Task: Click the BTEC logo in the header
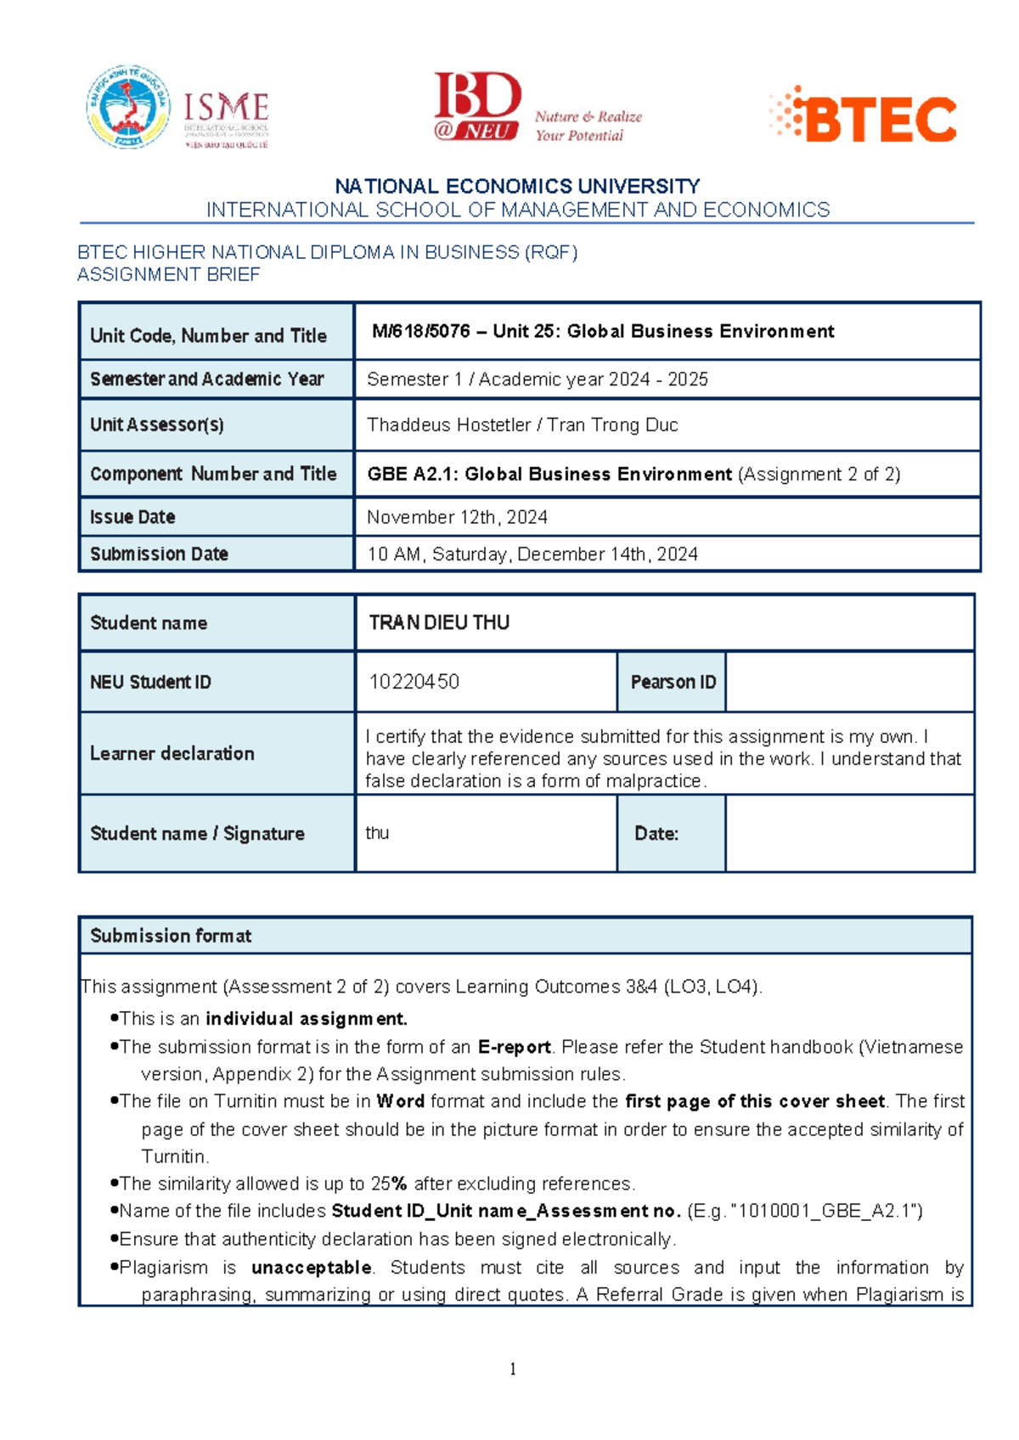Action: click(864, 116)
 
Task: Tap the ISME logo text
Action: click(226, 109)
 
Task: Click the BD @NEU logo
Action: click(477, 107)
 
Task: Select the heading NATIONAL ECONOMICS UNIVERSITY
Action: click(517, 186)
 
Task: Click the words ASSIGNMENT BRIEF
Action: click(168, 274)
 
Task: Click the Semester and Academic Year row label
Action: click(206, 380)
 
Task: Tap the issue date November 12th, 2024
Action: click(457, 517)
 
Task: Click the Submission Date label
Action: click(159, 554)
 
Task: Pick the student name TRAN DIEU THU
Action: click(439, 622)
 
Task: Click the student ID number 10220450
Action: click(414, 682)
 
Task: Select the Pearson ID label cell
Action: click(673, 682)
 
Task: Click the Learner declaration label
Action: click(172, 753)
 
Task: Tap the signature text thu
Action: click(377, 833)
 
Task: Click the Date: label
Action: click(656, 834)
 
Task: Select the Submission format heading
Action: click(171, 936)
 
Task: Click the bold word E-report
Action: click(514, 1047)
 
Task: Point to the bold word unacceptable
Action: click(312, 1268)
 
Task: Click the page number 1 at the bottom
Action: click(513, 1369)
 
